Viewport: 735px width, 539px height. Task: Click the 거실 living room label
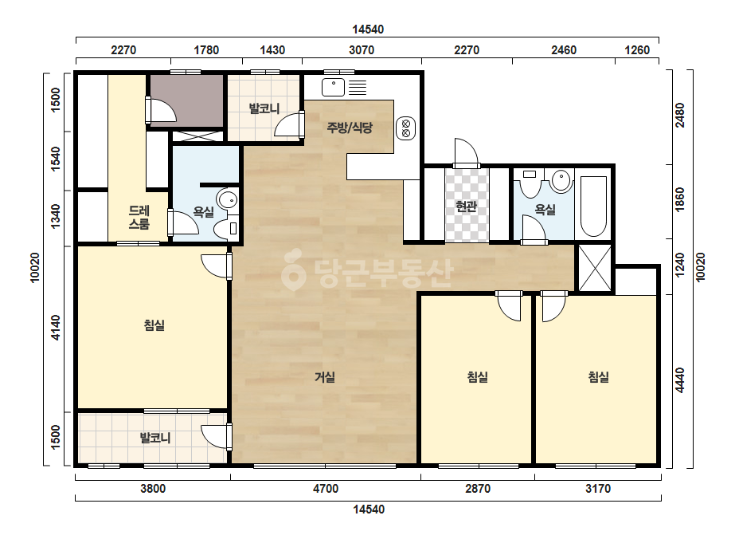(325, 377)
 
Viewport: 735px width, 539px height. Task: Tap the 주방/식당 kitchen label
(350, 128)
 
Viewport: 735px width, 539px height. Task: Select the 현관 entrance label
(467, 207)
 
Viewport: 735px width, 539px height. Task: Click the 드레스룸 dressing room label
(139, 218)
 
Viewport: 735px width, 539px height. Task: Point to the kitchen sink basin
(334, 88)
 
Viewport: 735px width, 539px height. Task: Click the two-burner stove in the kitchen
(406, 128)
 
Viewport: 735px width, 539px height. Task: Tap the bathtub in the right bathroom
(593, 206)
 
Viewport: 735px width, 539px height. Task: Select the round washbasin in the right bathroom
(561, 180)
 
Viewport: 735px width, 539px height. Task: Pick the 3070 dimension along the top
(362, 49)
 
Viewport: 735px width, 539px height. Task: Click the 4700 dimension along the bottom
(326, 489)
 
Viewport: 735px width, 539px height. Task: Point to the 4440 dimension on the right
(680, 380)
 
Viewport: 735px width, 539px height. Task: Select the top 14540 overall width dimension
(368, 30)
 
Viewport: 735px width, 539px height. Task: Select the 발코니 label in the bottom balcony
(155, 438)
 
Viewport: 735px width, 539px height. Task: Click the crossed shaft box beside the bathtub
(595, 268)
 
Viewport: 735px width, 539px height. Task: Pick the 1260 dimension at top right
(638, 49)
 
